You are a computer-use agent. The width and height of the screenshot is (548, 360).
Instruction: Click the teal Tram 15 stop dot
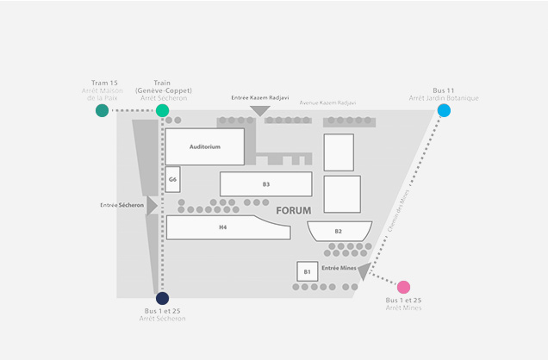click(103, 110)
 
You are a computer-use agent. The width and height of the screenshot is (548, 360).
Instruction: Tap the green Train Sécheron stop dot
click(162, 110)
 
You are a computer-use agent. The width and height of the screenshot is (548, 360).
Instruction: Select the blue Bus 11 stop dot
click(444, 110)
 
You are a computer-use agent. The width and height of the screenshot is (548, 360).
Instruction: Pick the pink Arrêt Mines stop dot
click(403, 287)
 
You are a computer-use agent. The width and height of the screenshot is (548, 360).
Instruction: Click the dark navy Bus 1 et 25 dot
click(162, 298)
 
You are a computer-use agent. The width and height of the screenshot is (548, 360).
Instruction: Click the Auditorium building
click(204, 147)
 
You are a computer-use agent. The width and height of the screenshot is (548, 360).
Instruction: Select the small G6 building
click(173, 179)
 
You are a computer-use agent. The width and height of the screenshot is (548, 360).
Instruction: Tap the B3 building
click(266, 184)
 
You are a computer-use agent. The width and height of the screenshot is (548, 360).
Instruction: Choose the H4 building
click(223, 227)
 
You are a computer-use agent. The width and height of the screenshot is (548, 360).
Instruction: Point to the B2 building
click(339, 231)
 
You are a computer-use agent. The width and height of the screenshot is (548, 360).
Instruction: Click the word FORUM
click(294, 210)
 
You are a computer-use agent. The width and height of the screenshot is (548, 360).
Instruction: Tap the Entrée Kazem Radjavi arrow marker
click(259, 110)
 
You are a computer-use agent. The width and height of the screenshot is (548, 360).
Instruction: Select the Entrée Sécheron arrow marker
click(152, 206)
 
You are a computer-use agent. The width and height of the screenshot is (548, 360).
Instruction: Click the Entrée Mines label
click(339, 269)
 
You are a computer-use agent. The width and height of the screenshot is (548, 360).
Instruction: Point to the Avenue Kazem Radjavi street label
click(327, 102)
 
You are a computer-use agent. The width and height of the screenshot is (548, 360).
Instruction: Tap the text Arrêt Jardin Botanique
click(444, 98)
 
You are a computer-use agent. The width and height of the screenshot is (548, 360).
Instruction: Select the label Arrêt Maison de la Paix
click(103, 94)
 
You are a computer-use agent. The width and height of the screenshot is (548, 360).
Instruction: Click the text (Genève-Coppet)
click(163, 90)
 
